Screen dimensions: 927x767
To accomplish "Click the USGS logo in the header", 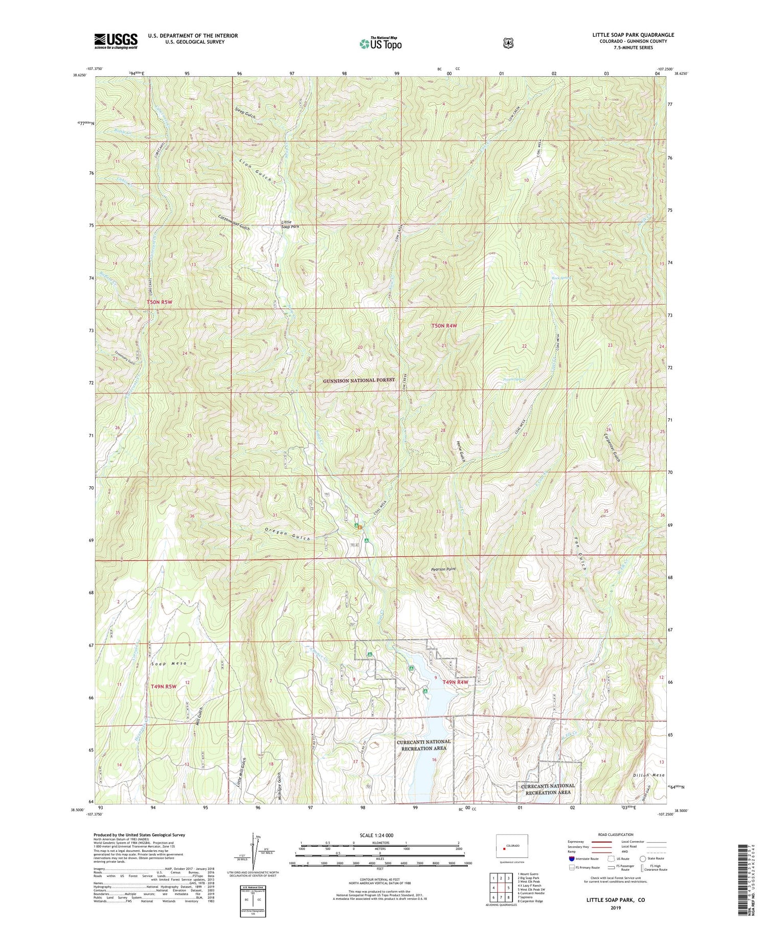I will tap(116, 41).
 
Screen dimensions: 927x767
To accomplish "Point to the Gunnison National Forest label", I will tap(359, 380).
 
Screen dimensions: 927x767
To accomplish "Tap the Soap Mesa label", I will tap(169, 663).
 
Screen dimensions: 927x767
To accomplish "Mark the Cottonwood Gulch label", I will tap(234, 222).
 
